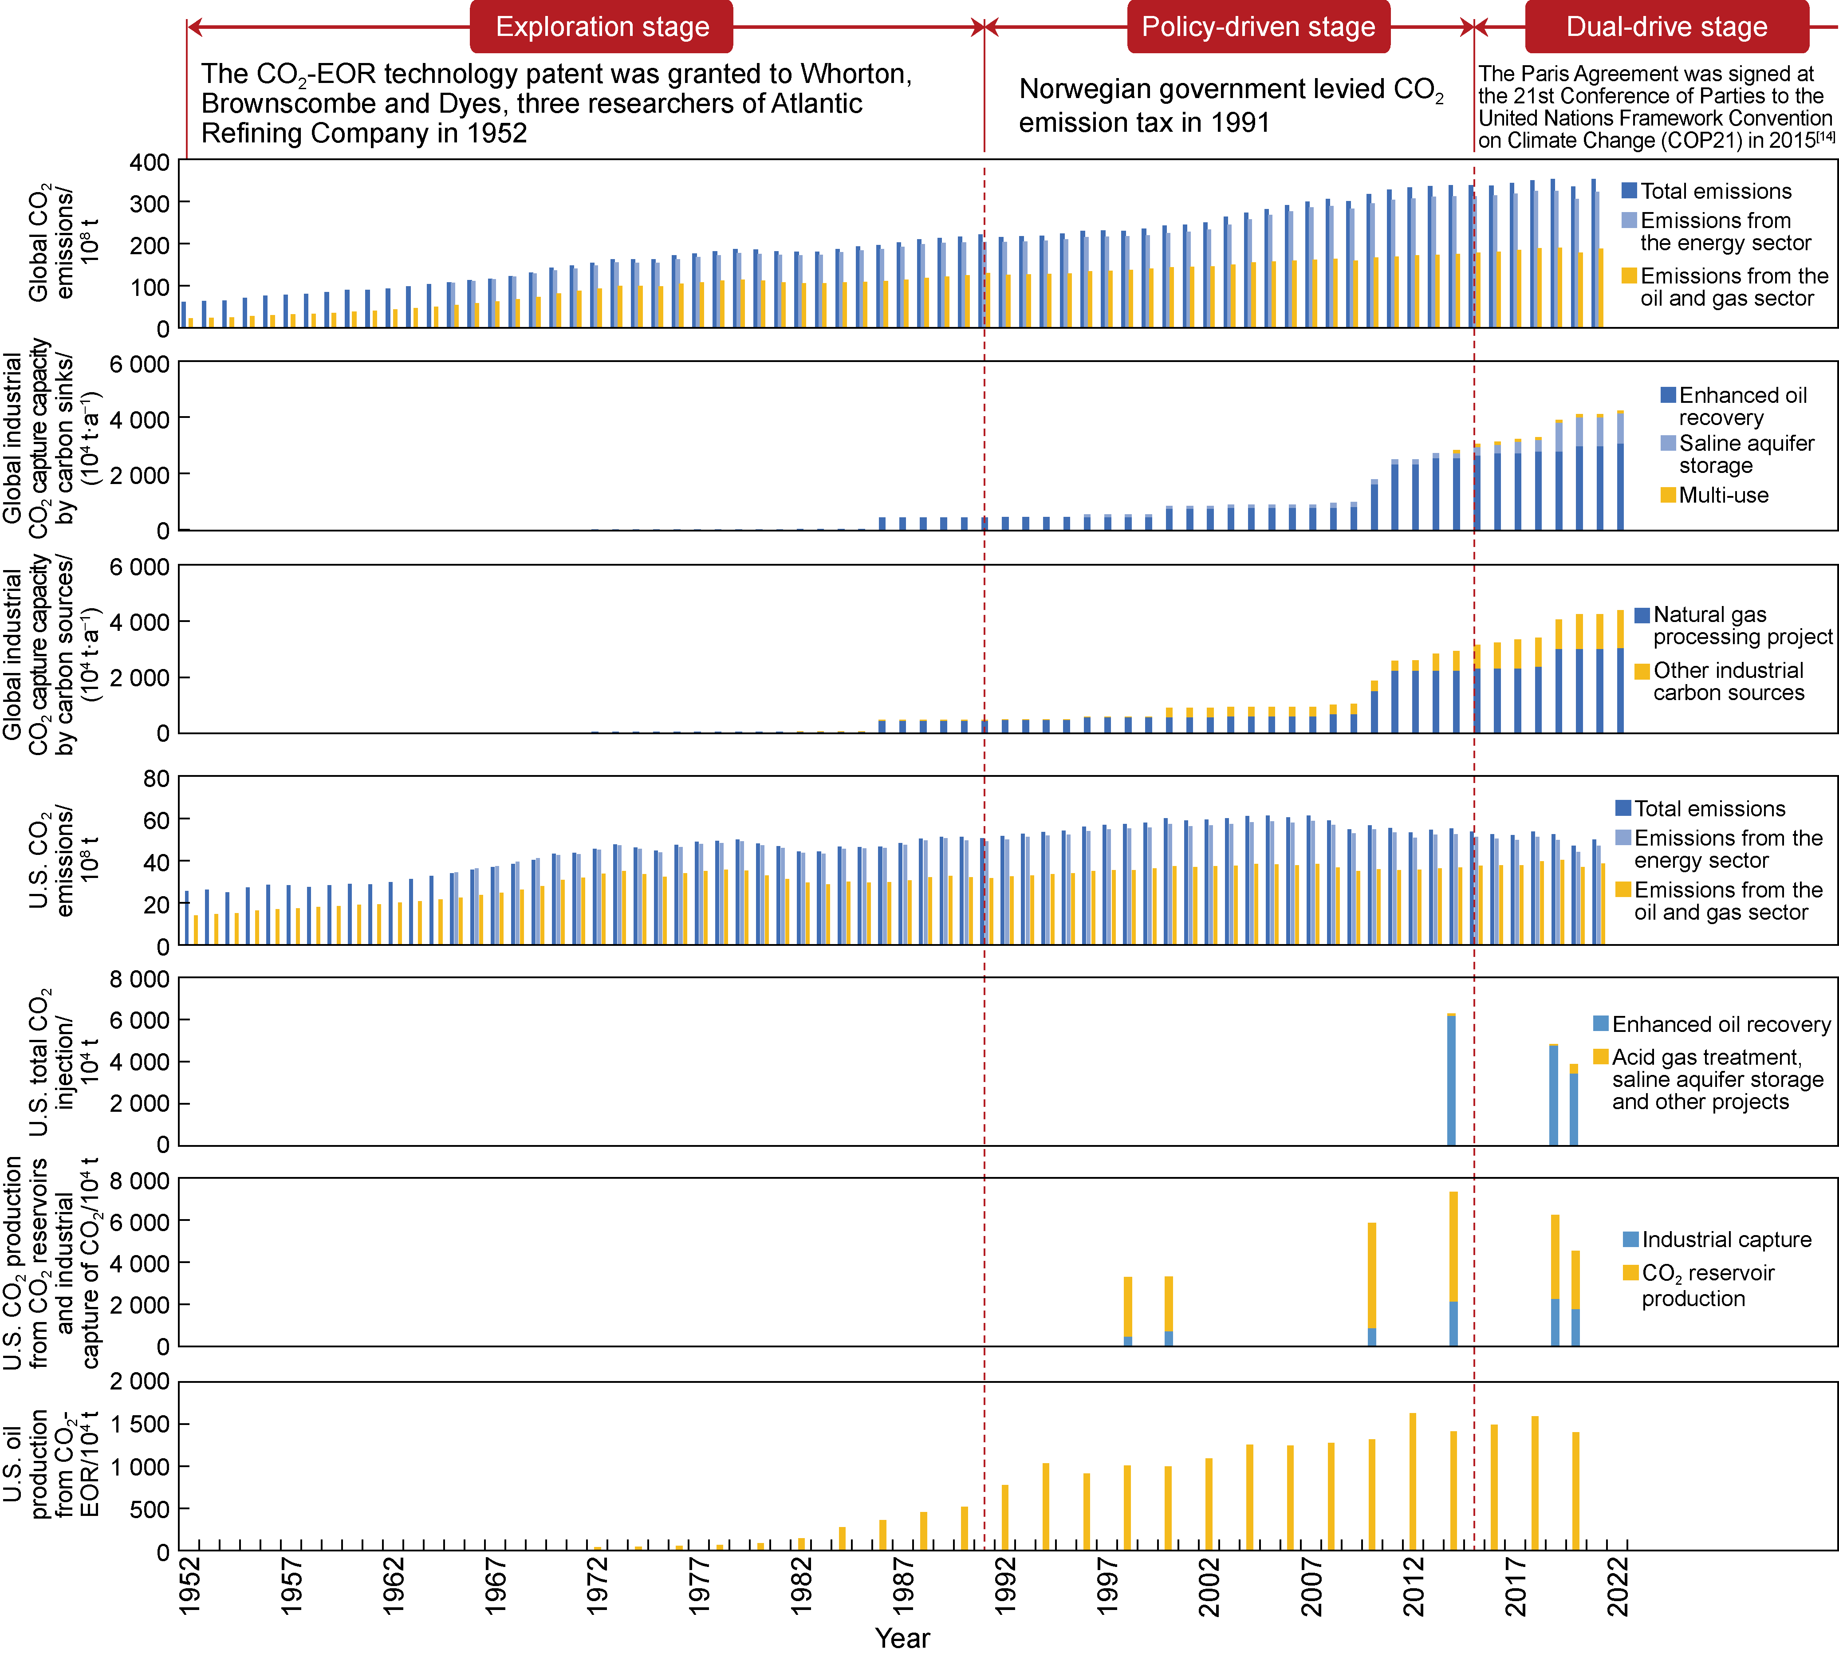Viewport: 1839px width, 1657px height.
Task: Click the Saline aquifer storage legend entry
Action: (1737, 454)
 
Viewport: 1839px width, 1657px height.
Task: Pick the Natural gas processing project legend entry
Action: (1733, 626)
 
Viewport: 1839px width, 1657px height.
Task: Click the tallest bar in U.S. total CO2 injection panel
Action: (1451, 1079)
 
